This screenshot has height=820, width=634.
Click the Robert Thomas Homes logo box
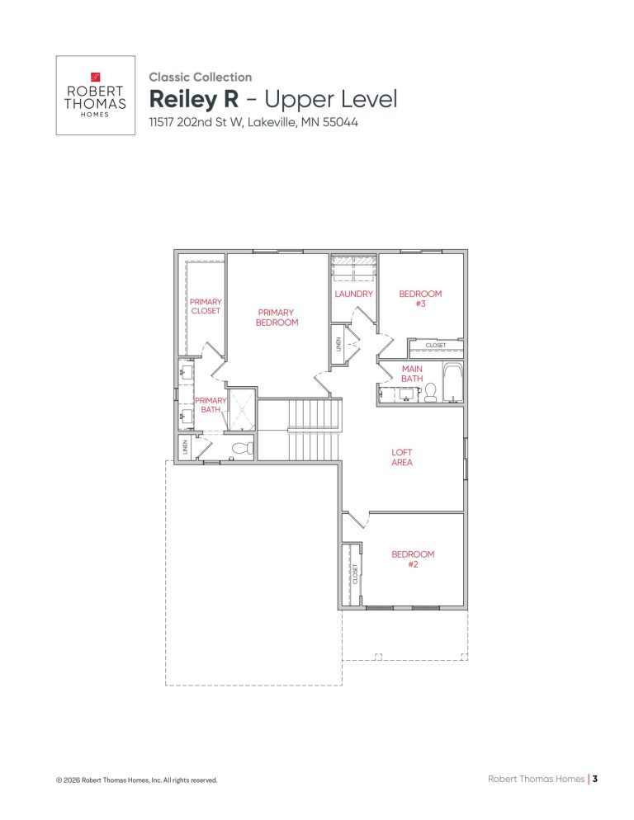(x=95, y=95)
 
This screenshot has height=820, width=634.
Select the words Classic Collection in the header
(x=201, y=77)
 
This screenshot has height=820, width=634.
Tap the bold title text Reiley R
(x=194, y=100)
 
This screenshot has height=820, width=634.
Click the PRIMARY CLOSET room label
(x=206, y=306)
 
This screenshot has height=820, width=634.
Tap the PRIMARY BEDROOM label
(x=277, y=318)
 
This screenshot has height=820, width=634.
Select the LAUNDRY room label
(x=354, y=294)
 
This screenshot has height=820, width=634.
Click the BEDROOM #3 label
(x=420, y=299)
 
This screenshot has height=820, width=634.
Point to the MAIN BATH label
(x=412, y=374)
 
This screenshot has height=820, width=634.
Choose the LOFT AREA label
(x=402, y=458)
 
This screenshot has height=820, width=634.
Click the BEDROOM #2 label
(x=413, y=559)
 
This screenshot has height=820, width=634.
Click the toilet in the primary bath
(x=241, y=449)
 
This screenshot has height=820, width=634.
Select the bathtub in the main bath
(x=452, y=384)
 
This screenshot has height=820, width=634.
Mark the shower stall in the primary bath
(x=241, y=410)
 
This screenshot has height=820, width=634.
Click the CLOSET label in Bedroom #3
(x=436, y=345)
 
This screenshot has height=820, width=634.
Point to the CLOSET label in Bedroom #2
(x=355, y=574)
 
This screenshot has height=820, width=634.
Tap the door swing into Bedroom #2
(x=355, y=520)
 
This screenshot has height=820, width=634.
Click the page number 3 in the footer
(x=594, y=778)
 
